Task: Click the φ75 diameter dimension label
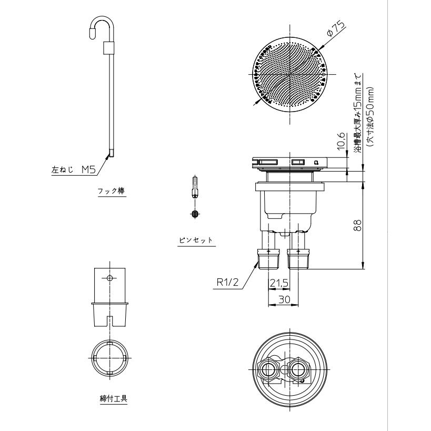point(335,29)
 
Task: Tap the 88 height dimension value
point(357,225)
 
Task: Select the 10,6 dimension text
point(341,141)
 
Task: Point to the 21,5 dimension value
point(279,283)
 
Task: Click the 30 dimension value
point(284,299)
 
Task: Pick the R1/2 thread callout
point(227,282)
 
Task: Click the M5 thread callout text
point(88,169)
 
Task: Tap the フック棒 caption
point(112,191)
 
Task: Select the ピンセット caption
point(196,240)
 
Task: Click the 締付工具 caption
point(114,398)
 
